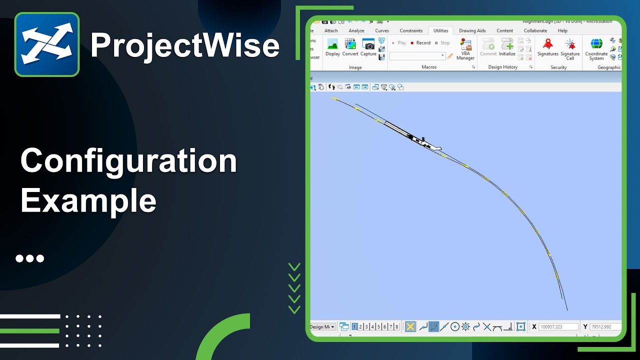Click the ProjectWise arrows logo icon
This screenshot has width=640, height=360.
[x=47, y=44]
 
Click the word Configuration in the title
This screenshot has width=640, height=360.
[x=128, y=161]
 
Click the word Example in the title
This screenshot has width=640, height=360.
[x=88, y=201]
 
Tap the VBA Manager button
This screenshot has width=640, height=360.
[x=465, y=49]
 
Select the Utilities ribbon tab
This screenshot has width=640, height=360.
[x=440, y=30]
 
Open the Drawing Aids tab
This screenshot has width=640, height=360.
[x=472, y=30]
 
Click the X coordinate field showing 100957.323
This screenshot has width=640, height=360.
[x=558, y=327]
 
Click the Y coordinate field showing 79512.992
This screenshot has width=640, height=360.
[x=605, y=327]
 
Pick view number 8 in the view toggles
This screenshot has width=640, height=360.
[x=396, y=327]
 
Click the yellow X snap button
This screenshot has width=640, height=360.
[x=410, y=327]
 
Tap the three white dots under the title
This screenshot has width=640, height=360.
[x=30, y=258]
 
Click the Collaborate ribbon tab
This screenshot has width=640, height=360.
[x=535, y=30]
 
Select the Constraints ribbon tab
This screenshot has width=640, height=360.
[x=411, y=30]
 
